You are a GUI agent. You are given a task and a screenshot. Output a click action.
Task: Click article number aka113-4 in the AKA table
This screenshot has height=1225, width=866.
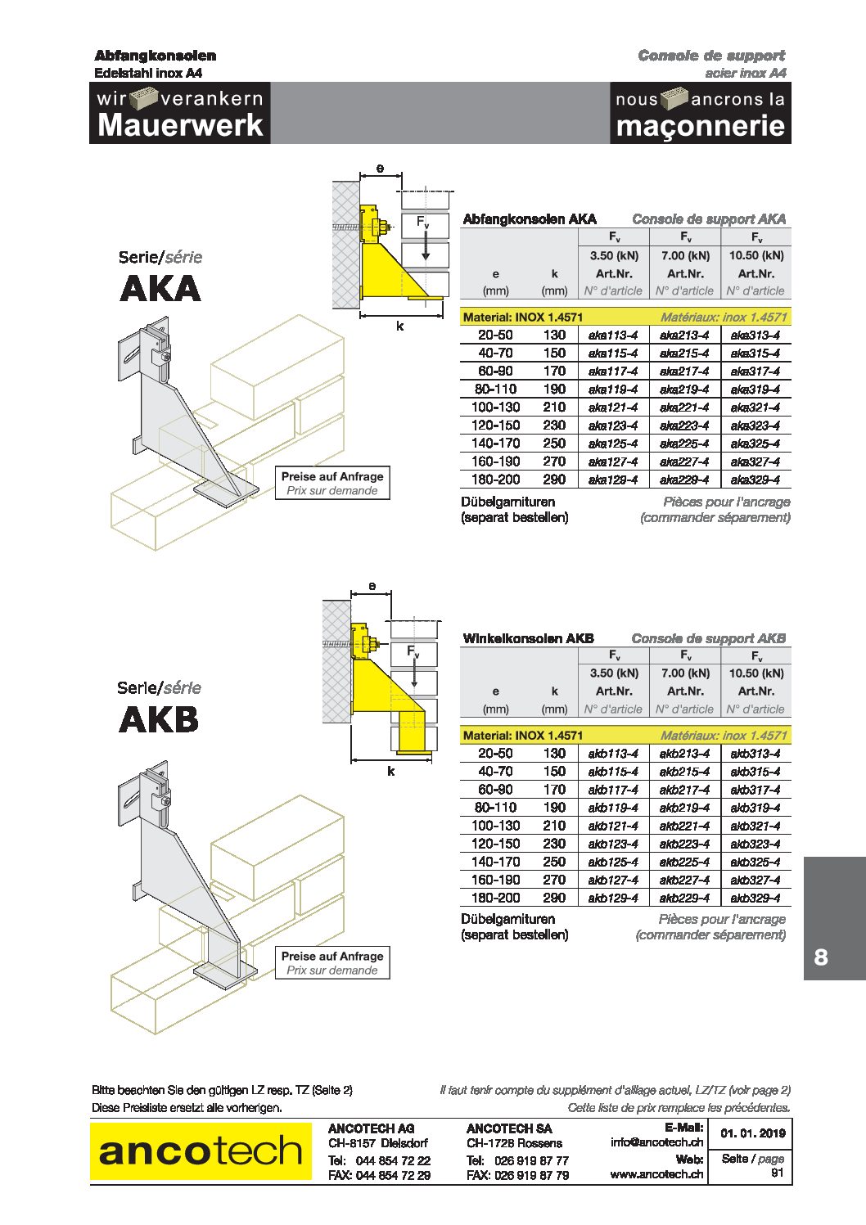[613, 335]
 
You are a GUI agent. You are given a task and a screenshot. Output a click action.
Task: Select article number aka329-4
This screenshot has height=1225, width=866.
[755, 480]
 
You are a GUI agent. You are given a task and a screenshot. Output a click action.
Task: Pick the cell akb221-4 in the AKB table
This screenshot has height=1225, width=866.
[684, 826]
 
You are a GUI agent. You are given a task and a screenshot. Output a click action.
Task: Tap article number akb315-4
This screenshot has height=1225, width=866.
[755, 772]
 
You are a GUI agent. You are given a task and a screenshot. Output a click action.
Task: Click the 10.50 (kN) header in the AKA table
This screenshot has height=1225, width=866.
[755, 255]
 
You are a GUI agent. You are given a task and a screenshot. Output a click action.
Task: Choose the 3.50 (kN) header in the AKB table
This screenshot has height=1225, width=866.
[614, 673]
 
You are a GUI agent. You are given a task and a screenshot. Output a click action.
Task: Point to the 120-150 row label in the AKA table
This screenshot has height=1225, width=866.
[495, 426]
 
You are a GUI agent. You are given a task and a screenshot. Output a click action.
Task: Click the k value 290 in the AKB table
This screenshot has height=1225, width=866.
[554, 898]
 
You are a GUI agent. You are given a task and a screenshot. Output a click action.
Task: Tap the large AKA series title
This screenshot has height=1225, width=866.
[160, 289]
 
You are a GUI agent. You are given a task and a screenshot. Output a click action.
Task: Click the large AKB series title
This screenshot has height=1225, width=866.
[159, 720]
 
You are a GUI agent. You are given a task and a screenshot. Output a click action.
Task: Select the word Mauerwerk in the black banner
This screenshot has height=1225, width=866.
[180, 125]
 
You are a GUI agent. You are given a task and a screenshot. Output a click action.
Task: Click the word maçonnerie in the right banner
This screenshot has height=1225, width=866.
[701, 126]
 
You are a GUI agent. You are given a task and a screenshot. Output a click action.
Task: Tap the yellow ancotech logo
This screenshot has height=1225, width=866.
[201, 1151]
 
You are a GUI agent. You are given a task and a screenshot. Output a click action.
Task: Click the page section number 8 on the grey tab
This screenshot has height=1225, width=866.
[821, 957]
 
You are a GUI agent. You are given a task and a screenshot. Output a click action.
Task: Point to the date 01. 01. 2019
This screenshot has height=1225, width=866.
[753, 1133]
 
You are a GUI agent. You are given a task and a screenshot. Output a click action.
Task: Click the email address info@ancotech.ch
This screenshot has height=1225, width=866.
[656, 1142]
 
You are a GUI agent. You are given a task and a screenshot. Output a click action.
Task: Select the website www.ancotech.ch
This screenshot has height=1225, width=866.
[656, 1174]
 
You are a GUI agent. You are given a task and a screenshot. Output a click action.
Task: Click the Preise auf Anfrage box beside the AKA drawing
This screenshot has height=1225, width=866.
[332, 483]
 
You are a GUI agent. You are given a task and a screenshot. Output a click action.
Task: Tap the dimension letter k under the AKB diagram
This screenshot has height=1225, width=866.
[390, 772]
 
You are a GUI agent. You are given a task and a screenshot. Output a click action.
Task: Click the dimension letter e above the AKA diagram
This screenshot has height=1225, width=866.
[380, 169]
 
